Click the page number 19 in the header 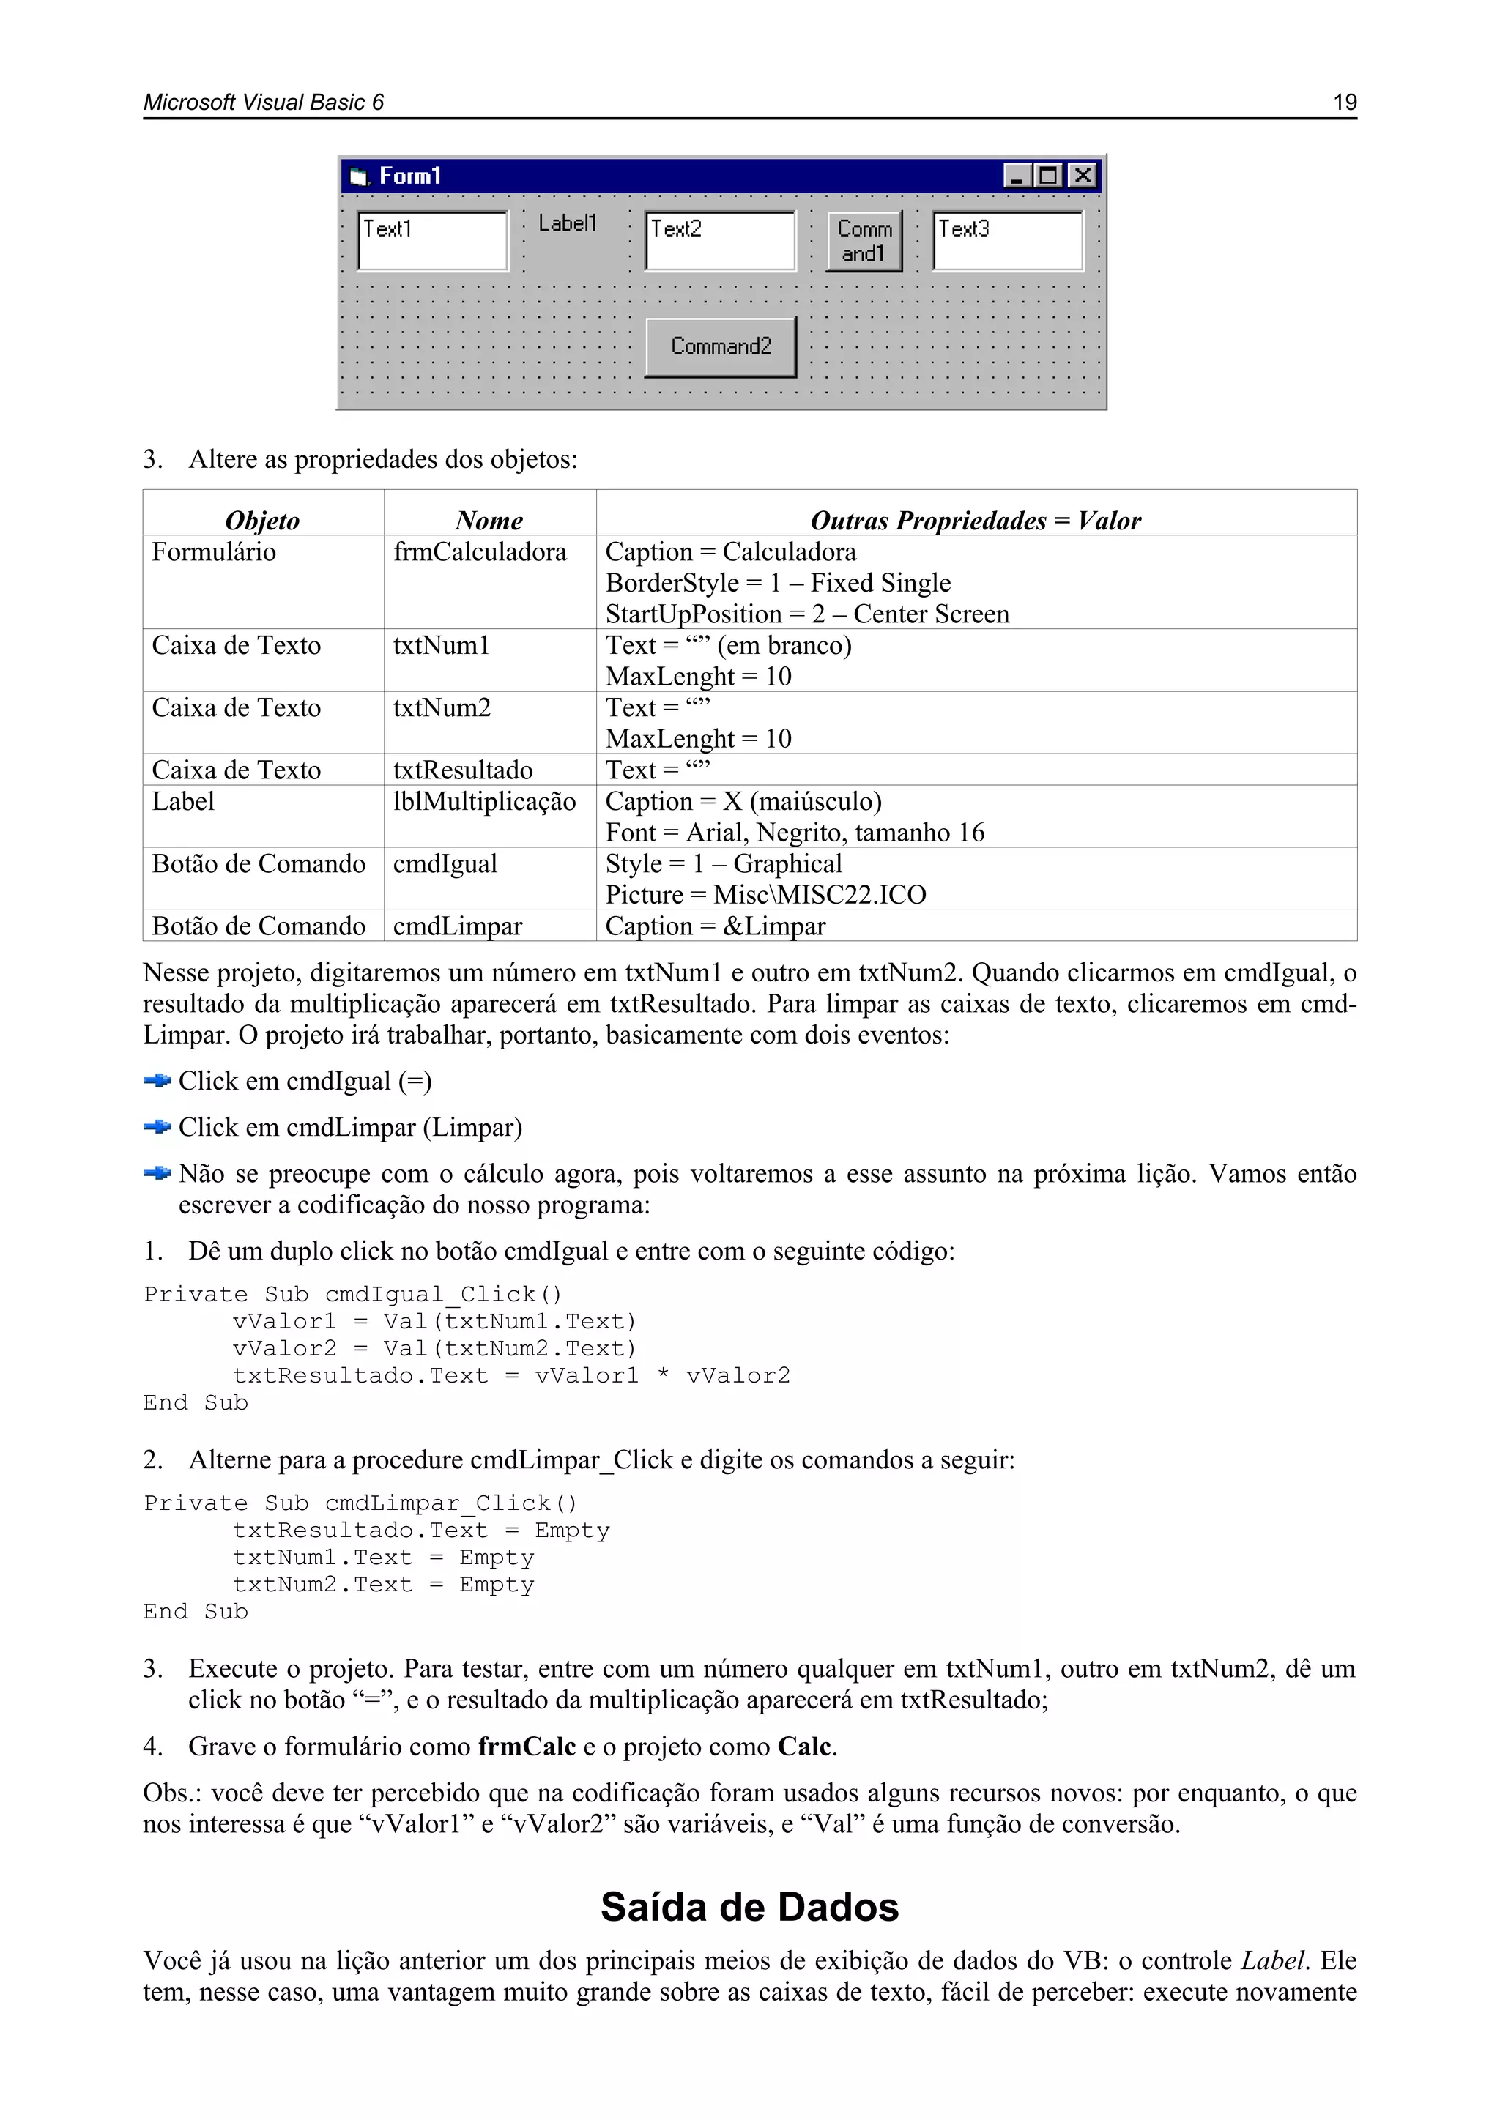[1344, 103]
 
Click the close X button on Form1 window [1082, 176]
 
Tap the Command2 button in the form [721, 346]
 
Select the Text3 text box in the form [1008, 241]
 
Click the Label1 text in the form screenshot [567, 223]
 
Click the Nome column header [489, 521]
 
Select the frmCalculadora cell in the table [480, 552]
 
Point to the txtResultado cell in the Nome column [463, 770]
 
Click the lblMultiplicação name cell [484, 801]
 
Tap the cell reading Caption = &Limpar [715, 926]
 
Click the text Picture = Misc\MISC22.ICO [765, 895]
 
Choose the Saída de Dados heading [749, 1908]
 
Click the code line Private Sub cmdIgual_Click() [353, 1295]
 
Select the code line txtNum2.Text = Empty [383, 1585]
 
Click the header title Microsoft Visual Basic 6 [263, 103]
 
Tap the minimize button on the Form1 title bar [1017, 176]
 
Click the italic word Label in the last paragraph [1274, 1961]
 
